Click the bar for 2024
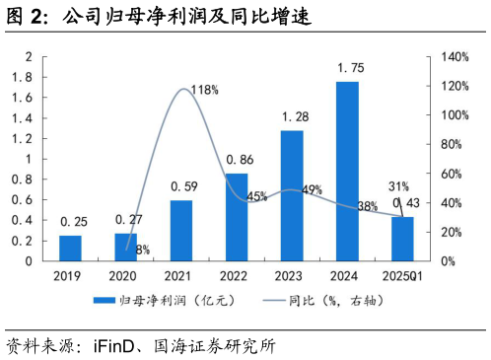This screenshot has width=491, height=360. pyautogui.click(x=347, y=172)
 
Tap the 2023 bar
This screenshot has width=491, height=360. pyautogui.click(x=292, y=195)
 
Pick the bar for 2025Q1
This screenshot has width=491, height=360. pyautogui.click(x=402, y=239)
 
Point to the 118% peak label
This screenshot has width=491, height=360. pyautogui.click(x=204, y=90)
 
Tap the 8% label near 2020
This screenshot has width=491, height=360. pyautogui.click(x=142, y=250)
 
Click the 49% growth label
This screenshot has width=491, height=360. pyautogui.click(x=312, y=189)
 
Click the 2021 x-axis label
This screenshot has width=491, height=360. pyautogui.click(x=181, y=277)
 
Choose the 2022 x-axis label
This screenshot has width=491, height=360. pyautogui.click(x=237, y=277)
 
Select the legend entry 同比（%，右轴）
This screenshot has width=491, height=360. pyautogui.click(x=325, y=300)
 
